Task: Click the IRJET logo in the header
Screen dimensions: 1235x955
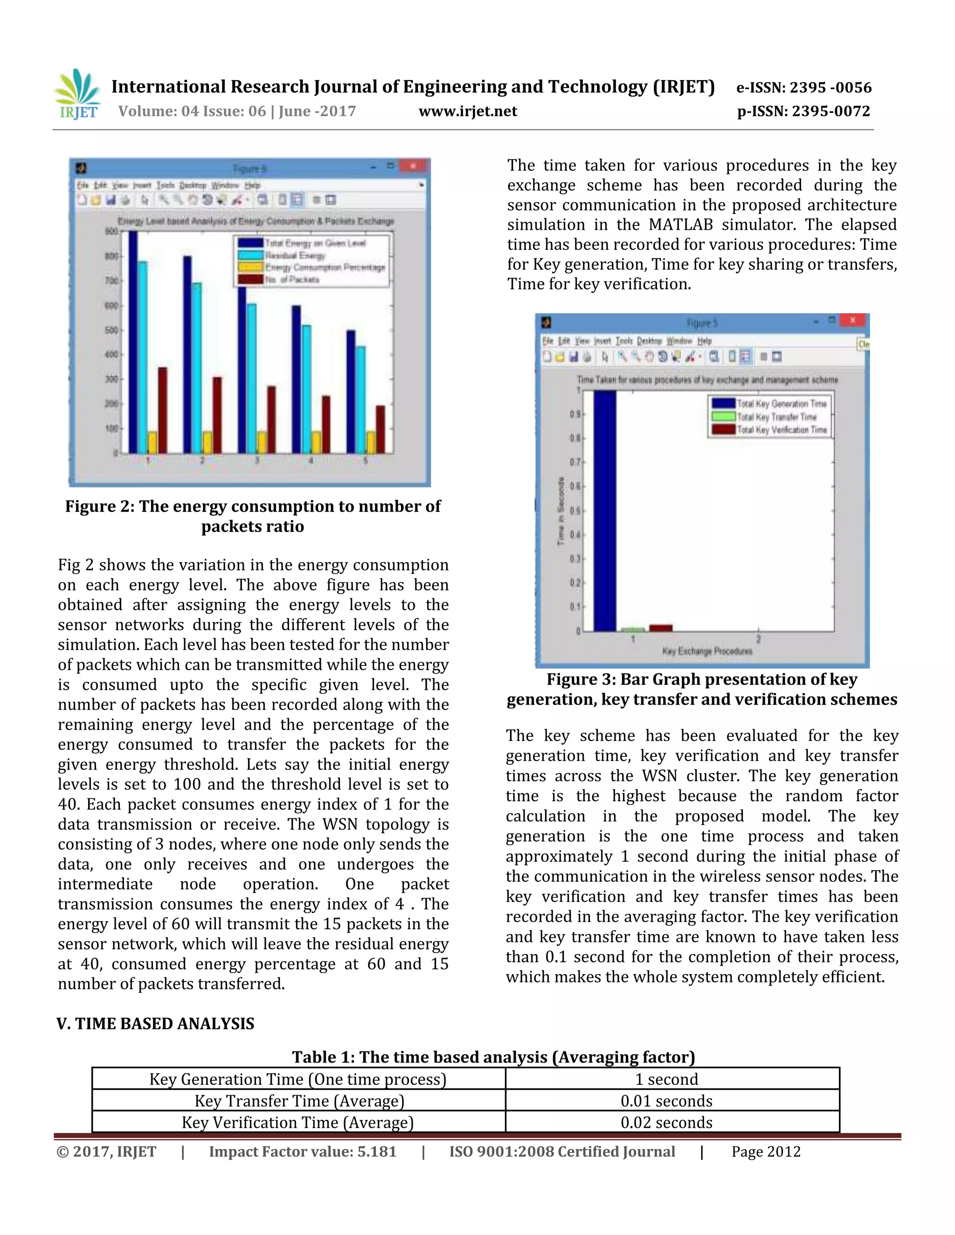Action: click(x=78, y=94)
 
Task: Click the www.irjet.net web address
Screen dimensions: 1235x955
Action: click(x=468, y=111)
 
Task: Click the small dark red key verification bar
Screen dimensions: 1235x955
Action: click(x=660, y=628)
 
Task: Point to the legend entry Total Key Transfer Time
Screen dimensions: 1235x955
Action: click(x=776, y=417)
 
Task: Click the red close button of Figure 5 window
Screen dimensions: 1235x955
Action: click(x=852, y=321)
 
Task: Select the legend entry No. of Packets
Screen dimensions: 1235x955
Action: click(x=292, y=279)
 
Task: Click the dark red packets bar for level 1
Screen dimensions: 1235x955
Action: click(x=162, y=410)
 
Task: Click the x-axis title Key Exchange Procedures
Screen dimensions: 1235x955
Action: click(x=707, y=652)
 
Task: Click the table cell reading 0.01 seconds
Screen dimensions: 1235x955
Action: click(x=666, y=1101)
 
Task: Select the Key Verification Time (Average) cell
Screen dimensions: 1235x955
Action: click(x=298, y=1123)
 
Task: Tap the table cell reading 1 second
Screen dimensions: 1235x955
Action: click(x=666, y=1079)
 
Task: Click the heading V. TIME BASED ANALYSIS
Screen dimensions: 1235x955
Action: click(x=156, y=1024)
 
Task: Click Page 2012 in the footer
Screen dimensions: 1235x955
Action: click(x=766, y=1152)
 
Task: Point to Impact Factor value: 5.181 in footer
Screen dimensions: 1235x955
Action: click(x=303, y=1152)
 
